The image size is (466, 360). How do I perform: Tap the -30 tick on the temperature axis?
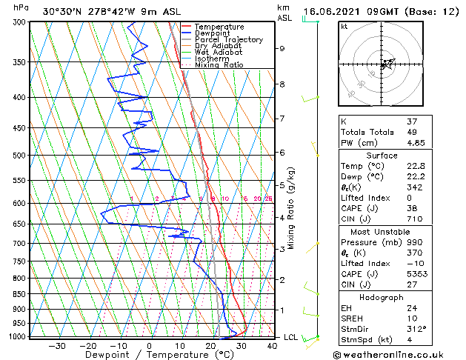coord(57,345)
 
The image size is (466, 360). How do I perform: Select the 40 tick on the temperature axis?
coord(272,345)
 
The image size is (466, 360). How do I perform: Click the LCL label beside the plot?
coord(291,338)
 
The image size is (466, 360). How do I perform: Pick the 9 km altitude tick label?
coord(282,49)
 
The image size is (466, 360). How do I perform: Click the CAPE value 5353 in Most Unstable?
coord(414,272)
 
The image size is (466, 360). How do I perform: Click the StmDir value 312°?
coord(416,329)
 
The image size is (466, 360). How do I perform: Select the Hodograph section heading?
coord(382,297)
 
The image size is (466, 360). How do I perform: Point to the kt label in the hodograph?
coord(344,27)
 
